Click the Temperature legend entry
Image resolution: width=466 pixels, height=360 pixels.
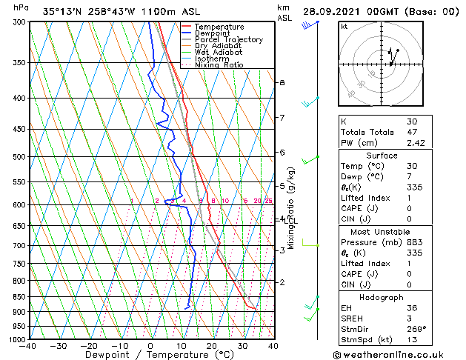tap(219, 27)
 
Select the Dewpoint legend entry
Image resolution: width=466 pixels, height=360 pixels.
tap(215, 33)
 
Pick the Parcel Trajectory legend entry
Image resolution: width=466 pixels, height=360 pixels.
tap(228, 40)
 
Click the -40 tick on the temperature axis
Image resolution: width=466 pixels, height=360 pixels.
tap(29, 346)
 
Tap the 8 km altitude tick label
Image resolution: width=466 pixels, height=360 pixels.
tap(282, 82)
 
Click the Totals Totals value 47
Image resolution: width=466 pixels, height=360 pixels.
tap(412, 132)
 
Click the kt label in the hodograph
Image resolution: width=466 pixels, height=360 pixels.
tap(344, 27)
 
